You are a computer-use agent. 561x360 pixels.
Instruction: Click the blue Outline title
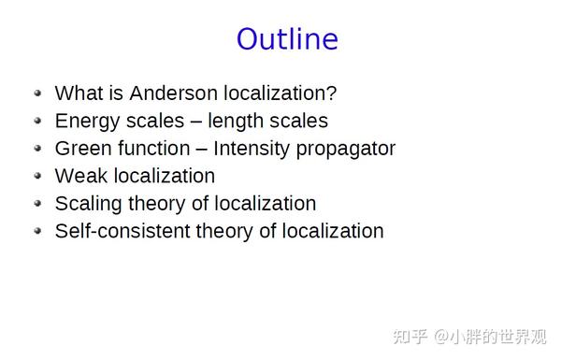point(286,39)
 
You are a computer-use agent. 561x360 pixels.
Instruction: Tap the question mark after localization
point(332,94)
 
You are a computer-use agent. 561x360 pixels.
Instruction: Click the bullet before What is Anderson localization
point(37,94)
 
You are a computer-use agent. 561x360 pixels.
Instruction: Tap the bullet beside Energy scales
point(37,121)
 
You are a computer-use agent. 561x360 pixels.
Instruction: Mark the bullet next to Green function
point(37,149)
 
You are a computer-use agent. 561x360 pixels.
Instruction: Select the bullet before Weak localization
point(37,176)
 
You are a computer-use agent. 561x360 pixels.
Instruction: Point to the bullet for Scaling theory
point(37,203)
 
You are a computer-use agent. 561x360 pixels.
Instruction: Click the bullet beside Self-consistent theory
point(37,230)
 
